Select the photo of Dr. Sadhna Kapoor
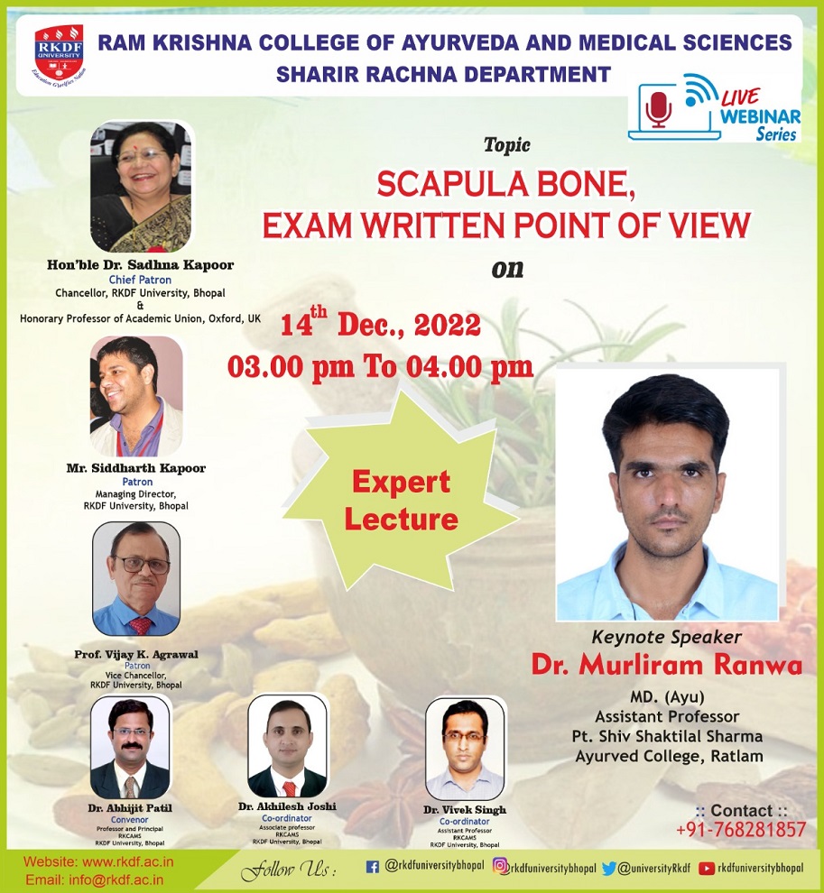coord(141,187)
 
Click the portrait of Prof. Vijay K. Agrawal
coord(135,578)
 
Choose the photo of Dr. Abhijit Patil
coord(130,748)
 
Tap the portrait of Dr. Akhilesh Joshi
coord(286,746)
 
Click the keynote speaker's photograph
coord(666,495)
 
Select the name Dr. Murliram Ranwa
coord(666,666)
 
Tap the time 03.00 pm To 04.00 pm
coord(380,367)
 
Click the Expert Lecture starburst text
coord(401,501)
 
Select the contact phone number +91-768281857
coord(740,830)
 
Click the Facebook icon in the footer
coord(372,868)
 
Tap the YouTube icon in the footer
coord(707,868)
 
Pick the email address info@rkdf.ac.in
coord(86,879)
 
